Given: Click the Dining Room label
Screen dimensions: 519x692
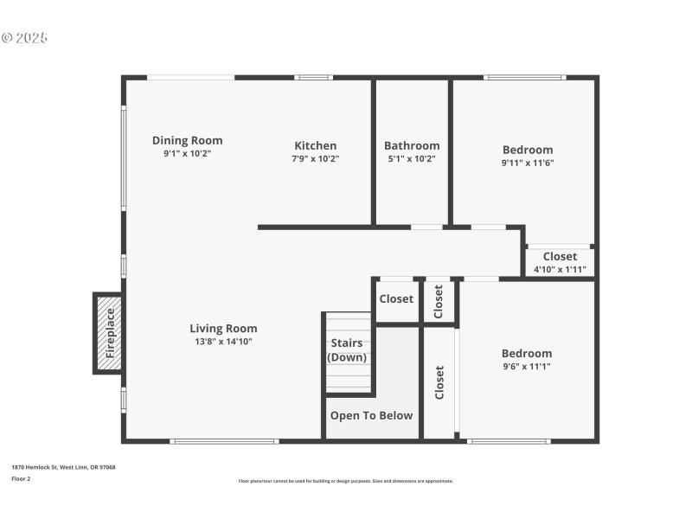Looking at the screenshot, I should coord(187,140).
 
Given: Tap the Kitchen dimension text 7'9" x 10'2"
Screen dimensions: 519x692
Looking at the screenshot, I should coord(315,158).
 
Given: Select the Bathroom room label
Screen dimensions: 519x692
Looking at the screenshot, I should coord(412,145).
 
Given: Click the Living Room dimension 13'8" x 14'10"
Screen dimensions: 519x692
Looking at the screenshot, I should coord(223,341).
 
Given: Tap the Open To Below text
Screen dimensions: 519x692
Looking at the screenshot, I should coord(371,415).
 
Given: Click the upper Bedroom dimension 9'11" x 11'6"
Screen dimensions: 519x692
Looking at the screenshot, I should coord(527,163).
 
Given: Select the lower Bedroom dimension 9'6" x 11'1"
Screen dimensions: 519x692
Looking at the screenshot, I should coord(526,366).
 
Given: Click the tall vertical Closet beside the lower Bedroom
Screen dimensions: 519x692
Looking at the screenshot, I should coord(439,381).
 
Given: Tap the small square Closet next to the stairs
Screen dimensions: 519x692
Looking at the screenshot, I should coord(396,299).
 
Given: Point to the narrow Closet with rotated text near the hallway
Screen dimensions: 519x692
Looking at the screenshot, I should coord(439,301).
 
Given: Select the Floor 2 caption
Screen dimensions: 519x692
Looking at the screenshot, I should coord(21,478).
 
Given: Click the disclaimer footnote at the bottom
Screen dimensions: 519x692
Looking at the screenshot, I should coord(345,481).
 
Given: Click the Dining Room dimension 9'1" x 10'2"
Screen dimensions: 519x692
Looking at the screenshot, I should coord(187,153).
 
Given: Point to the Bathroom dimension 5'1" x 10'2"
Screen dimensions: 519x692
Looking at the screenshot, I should coord(412,158).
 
